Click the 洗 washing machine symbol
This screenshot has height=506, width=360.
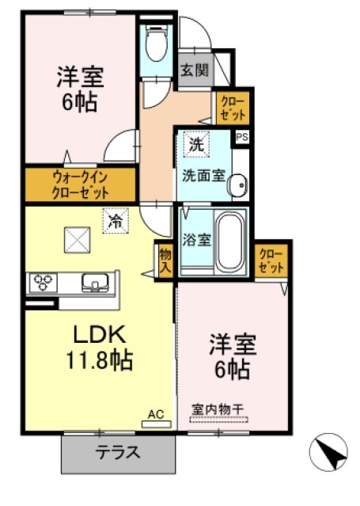point(195,144)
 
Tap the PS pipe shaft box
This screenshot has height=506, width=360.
point(241,136)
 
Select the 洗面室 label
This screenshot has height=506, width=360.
point(200,173)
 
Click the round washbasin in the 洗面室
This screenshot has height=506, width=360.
point(237,186)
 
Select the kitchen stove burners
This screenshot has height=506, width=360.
point(41,281)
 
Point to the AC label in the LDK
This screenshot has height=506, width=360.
point(155,413)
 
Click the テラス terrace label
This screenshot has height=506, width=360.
point(118,454)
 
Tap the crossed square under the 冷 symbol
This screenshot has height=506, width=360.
point(77,238)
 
